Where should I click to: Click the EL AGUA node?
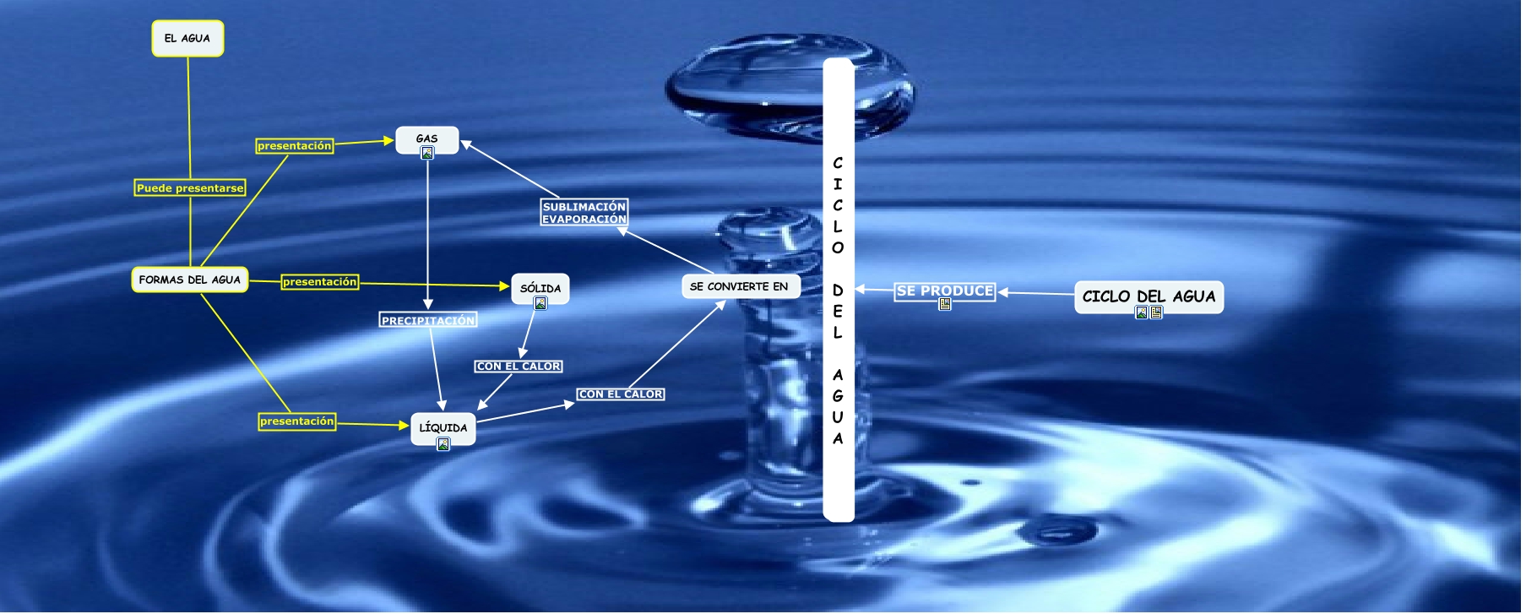pyautogui.click(x=187, y=39)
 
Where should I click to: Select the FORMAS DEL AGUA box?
pyautogui.click(x=189, y=280)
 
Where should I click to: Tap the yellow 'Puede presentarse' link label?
pyautogui.click(x=190, y=187)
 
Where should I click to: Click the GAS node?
pyautogui.click(x=426, y=138)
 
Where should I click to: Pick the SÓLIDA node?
pyautogui.click(x=540, y=288)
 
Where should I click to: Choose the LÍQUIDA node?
pyautogui.click(x=443, y=427)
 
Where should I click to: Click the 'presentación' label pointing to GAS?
pyautogui.click(x=295, y=146)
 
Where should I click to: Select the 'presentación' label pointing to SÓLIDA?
pyautogui.click(x=319, y=281)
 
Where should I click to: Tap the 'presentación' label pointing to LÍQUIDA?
pyautogui.click(x=296, y=421)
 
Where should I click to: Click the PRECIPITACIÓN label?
pyautogui.click(x=428, y=320)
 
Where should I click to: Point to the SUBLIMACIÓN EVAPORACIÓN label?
pyautogui.click(x=584, y=213)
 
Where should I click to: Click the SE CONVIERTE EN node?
pyautogui.click(x=739, y=286)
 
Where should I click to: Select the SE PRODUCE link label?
pyautogui.click(x=944, y=291)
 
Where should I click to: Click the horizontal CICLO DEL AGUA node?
pyautogui.click(x=1149, y=296)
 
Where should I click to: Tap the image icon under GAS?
pyautogui.click(x=427, y=153)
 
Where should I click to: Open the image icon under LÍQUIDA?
pyautogui.click(x=443, y=444)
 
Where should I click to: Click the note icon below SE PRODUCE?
pyautogui.click(x=945, y=304)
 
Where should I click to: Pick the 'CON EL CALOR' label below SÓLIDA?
pyautogui.click(x=519, y=366)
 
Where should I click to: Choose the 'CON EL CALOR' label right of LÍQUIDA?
pyautogui.click(x=621, y=394)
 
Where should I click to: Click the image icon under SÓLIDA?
pyautogui.click(x=540, y=303)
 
